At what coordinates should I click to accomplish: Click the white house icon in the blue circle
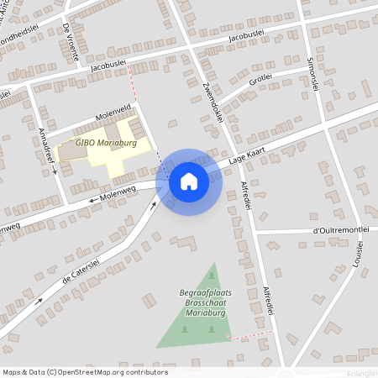pyautogui.click(x=189, y=181)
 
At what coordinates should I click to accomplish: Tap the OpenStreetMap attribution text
pyautogui.click(x=84, y=372)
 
